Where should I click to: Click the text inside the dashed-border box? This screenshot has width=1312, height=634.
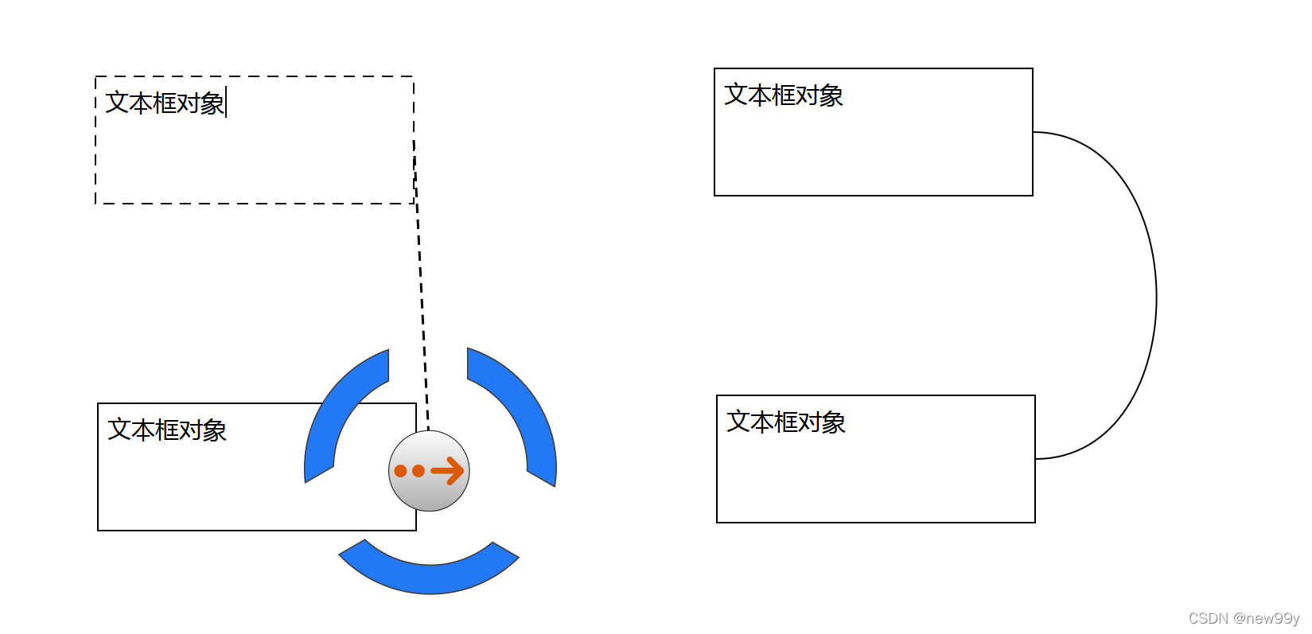click(165, 103)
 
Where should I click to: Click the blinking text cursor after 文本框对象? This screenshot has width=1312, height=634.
click(227, 103)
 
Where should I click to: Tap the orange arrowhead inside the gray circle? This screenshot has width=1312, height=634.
click(454, 471)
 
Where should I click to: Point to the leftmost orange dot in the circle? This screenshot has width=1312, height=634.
click(401, 471)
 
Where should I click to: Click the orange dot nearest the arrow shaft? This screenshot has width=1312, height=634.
click(419, 471)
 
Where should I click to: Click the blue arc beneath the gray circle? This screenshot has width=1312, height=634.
click(429, 573)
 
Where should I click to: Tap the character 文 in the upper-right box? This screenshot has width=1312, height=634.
click(736, 95)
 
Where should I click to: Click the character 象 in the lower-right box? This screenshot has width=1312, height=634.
click(834, 422)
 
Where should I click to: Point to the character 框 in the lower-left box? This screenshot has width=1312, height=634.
click(167, 430)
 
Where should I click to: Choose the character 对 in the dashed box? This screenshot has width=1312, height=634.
click(189, 103)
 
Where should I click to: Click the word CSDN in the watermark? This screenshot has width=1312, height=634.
click(1208, 618)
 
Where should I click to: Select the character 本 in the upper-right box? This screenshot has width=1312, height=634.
click(760, 95)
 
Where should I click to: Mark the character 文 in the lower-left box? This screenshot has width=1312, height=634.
click(119, 430)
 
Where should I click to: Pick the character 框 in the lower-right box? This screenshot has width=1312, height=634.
click(786, 422)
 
